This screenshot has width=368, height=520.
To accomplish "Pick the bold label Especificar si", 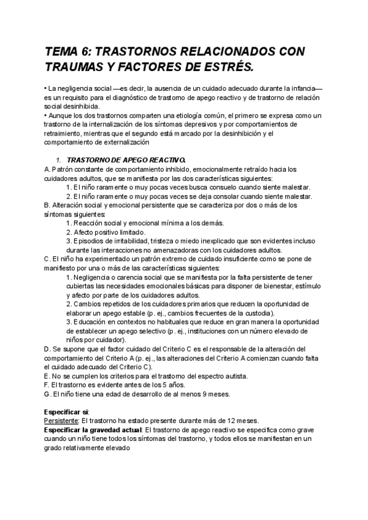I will coord(67,411).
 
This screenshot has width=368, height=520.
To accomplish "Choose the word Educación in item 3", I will coord(91,322).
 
